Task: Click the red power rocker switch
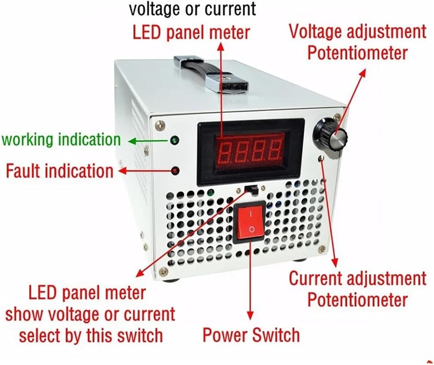point(250,222)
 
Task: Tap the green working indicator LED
point(175,140)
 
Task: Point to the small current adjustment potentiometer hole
point(321,158)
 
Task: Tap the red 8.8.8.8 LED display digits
point(249,151)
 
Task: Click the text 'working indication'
point(61,140)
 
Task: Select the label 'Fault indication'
point(59,171)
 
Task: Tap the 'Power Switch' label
point(251,335)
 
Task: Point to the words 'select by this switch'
point(91,335)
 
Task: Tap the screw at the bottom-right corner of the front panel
point(321,250)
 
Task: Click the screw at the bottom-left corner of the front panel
point(163,273)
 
